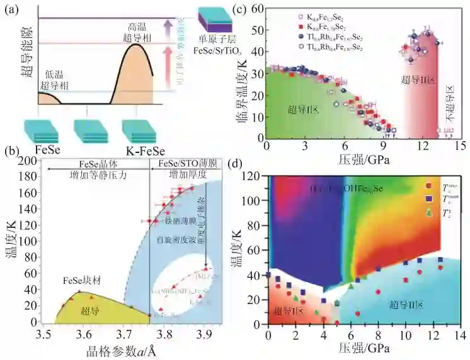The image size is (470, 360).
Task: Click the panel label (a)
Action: click(11, 10)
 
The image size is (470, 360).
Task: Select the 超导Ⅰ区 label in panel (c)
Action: click(305, 109)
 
